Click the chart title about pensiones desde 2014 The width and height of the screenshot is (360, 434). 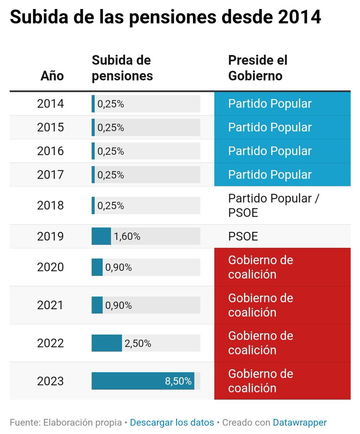pyautogui.click(x=165, y=17)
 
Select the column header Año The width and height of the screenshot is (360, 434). pyautogui.click(x=52, y=76)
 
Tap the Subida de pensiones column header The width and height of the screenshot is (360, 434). pyautogui.click(x=122, y=68)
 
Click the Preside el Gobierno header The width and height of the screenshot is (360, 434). pyautogui.click(x=257, y=68)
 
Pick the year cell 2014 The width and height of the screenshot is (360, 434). pyautogui.click(x=50, y=104)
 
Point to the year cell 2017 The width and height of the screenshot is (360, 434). pyautogui.click(x=50, y=175)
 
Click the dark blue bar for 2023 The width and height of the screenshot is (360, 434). pyautogui.click(x=143, y=381)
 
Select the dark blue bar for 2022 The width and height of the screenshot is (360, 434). pyautogui.click(x=107, y=343)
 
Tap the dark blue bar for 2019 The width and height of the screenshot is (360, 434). pyautogui.click(x=101, y=237)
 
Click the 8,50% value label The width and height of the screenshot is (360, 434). pyautogui.click(x=178, y=381)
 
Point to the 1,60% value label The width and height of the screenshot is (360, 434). pyautogui.click(x=127, y=237)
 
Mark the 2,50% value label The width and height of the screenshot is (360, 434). pyautogui.click(x=138, y=344)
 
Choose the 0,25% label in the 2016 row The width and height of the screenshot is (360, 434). pyautogui.click(x=111, y=151)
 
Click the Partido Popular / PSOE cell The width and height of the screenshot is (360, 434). pyautogui.click(x=274, y=205)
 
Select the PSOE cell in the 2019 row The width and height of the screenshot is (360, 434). pyautogui.click(x=243, y=237)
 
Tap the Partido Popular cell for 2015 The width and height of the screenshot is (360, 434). pyautogui.click(x=270, y=127)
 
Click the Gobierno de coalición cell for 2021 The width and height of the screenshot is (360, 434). pyautogui.click(x=260, y=305)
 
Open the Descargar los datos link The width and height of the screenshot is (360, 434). pyautogui.click(x=172, y=422)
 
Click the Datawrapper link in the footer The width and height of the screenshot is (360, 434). pyautogui.click(x=300, y=422)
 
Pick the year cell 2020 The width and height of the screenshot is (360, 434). pyautogui.click(x=50, y=267)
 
